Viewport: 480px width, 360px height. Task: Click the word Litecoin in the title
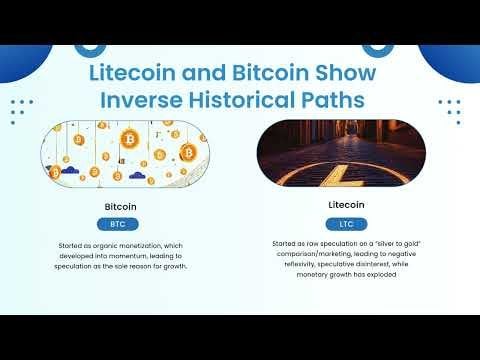pyautogui.click(x=132, y=72)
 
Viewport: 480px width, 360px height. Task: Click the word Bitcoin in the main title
pyautogui.click(x=271, y=72)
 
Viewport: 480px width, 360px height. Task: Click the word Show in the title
pyautogui.click(x=346, y=72)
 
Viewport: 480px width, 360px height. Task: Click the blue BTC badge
pyautogui.click(x=118, y=224)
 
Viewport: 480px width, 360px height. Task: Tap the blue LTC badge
pyautogui.click(x=347, y=224)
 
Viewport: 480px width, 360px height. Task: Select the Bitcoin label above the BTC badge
pyautogui.click(x=120, y=207)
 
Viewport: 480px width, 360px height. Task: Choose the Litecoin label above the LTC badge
pyautogui.click(x=346, y=205)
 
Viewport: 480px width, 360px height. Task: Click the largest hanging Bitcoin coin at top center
pyautogui.click(x=129, y=139)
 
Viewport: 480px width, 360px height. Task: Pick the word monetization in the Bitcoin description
pyautogui.click(x=140, y=246)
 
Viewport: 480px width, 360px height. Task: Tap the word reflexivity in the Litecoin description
pyautogui.click(x=299, y=264)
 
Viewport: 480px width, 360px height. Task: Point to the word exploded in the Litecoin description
pyautogui.click(x=382, y=275)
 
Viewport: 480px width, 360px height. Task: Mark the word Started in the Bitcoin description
pyautogui.click(x=70, y=246)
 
